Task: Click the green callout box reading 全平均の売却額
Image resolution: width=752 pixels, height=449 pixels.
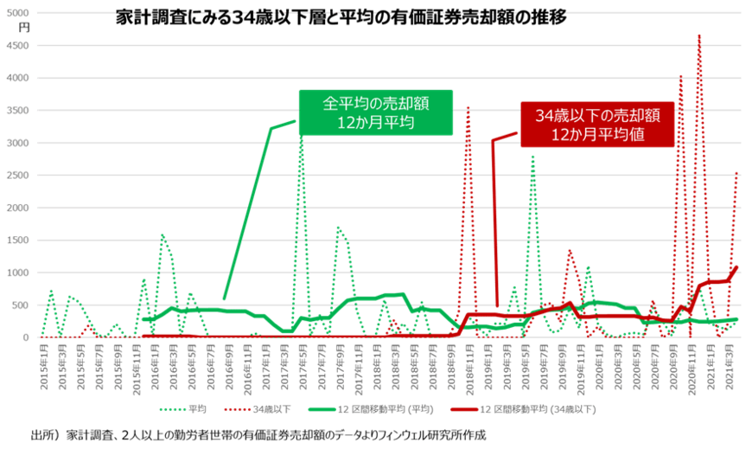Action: click(375, 112)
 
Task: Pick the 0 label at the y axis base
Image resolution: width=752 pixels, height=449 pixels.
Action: click(28, 337)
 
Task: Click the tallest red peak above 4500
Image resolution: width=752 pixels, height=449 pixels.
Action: click(699, 36)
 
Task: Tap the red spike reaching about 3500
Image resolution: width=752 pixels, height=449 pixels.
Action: click(468, 108)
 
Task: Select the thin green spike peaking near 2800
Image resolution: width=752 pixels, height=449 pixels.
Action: click(532, 157)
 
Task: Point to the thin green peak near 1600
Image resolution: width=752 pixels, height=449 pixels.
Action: click(163, 234)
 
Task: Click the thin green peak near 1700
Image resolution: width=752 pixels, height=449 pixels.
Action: click(338, 228)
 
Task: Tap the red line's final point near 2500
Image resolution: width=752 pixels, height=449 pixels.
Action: click(736, 173)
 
